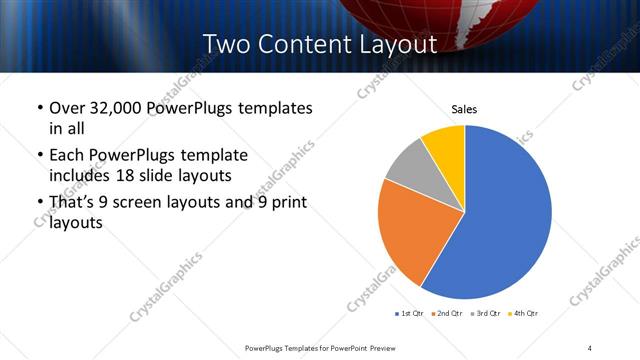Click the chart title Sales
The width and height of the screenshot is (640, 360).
pos(464,109)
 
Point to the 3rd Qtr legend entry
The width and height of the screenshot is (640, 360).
pos(486,314)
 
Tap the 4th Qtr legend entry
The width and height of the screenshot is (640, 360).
pos(524,314)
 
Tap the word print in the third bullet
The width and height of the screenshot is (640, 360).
pos(288,204)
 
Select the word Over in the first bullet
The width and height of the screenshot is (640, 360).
pos(64,108)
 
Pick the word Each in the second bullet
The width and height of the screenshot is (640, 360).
pos(66,156)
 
